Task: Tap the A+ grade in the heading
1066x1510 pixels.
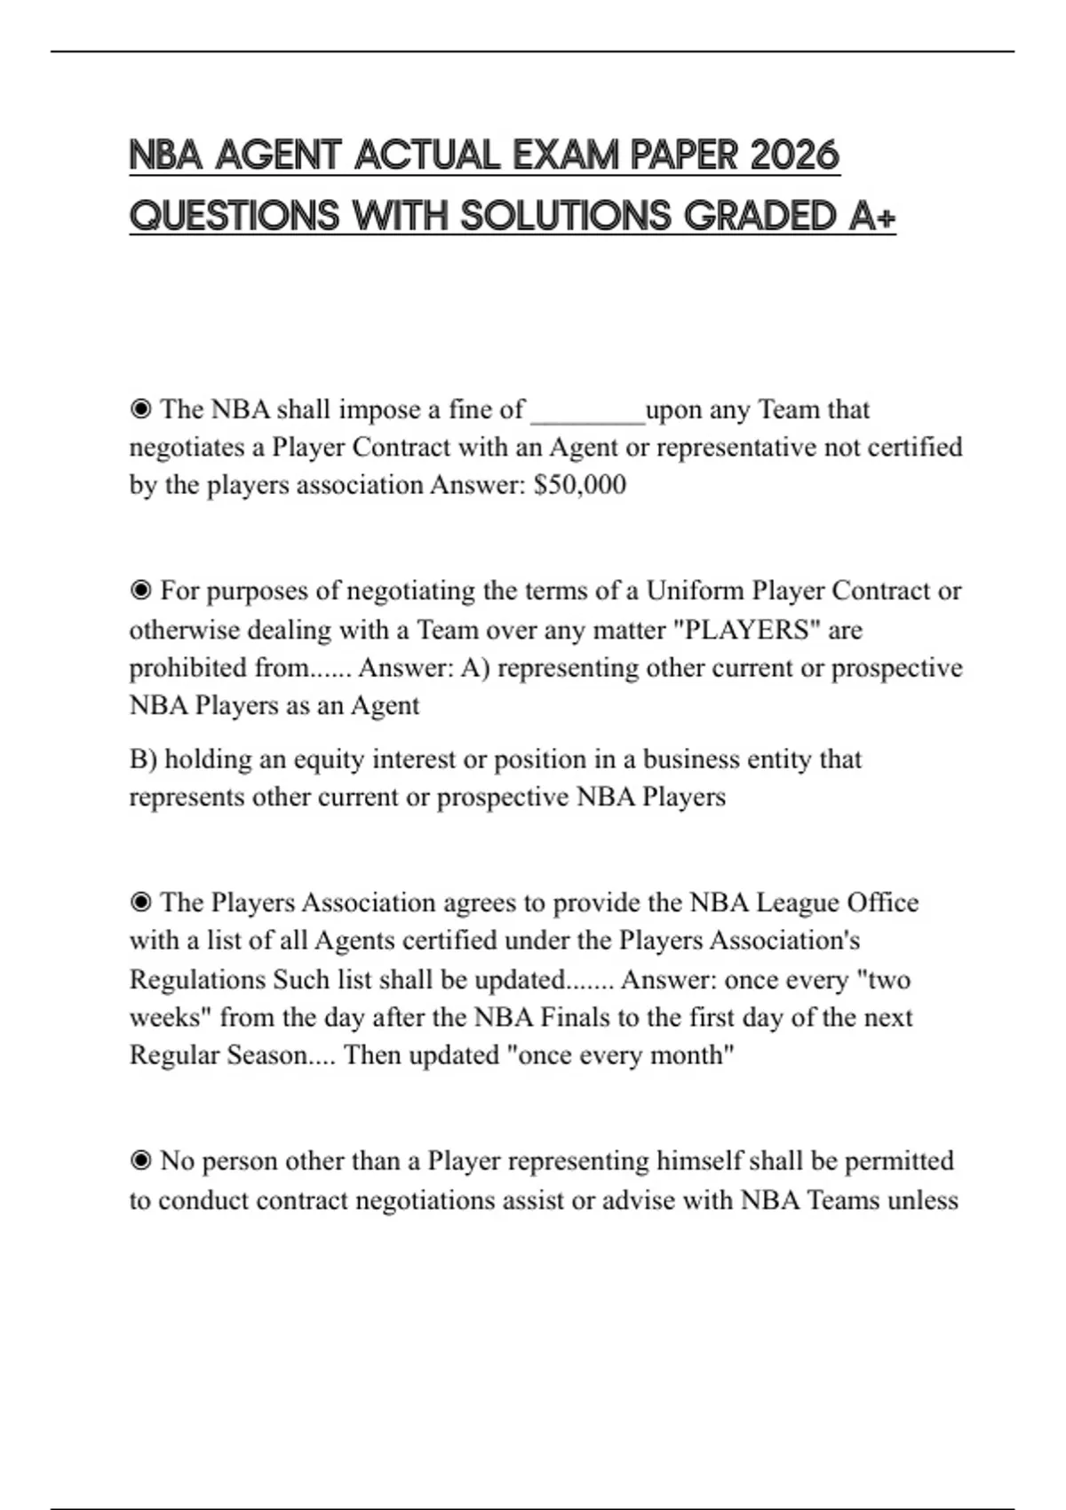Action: coord(871,216)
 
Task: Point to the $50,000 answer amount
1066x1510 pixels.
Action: coord(580,485)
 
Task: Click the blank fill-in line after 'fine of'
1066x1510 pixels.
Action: coord(587,410)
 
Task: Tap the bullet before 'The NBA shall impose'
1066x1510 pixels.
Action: coord(140,409)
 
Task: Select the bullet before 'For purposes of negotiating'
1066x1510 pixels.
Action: coord(140,591)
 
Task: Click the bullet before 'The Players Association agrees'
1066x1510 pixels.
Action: coord(140,902)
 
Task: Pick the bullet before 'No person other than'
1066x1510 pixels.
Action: coord(140,1161)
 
